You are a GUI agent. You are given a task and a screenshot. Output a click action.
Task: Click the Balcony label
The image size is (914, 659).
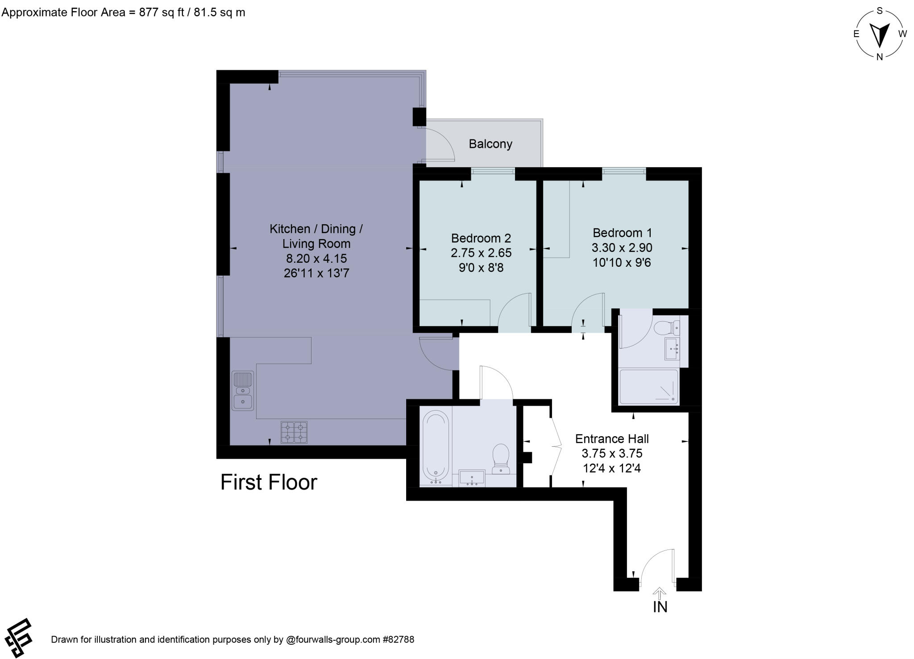pos(490,144)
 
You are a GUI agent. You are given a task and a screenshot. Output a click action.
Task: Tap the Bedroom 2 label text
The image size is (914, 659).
pos(481,238)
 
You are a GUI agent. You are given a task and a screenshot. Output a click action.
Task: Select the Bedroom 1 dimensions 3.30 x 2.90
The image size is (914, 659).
pos(622,248)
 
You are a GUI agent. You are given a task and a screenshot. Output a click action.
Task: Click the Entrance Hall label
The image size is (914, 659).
pos(611,439)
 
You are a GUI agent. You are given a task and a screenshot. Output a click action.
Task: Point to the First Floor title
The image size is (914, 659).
pos(269,482)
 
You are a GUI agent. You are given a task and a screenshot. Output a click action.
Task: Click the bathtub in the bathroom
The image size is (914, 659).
pos(436,447)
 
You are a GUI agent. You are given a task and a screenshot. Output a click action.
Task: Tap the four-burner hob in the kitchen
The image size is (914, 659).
pos(294,432)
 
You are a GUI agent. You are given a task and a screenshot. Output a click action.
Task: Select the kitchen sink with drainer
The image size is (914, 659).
pos(243,391)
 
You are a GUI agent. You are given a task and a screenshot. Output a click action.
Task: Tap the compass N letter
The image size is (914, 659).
pos(880,57)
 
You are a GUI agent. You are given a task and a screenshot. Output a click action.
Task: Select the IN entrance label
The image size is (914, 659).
pos(660,607)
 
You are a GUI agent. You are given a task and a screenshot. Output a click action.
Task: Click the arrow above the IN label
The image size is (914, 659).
pos(660,593)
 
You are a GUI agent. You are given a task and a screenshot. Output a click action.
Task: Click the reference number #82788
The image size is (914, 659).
pos(398,639)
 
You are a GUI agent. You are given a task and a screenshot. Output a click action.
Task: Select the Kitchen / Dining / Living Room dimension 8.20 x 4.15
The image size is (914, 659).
pos(316,258)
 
